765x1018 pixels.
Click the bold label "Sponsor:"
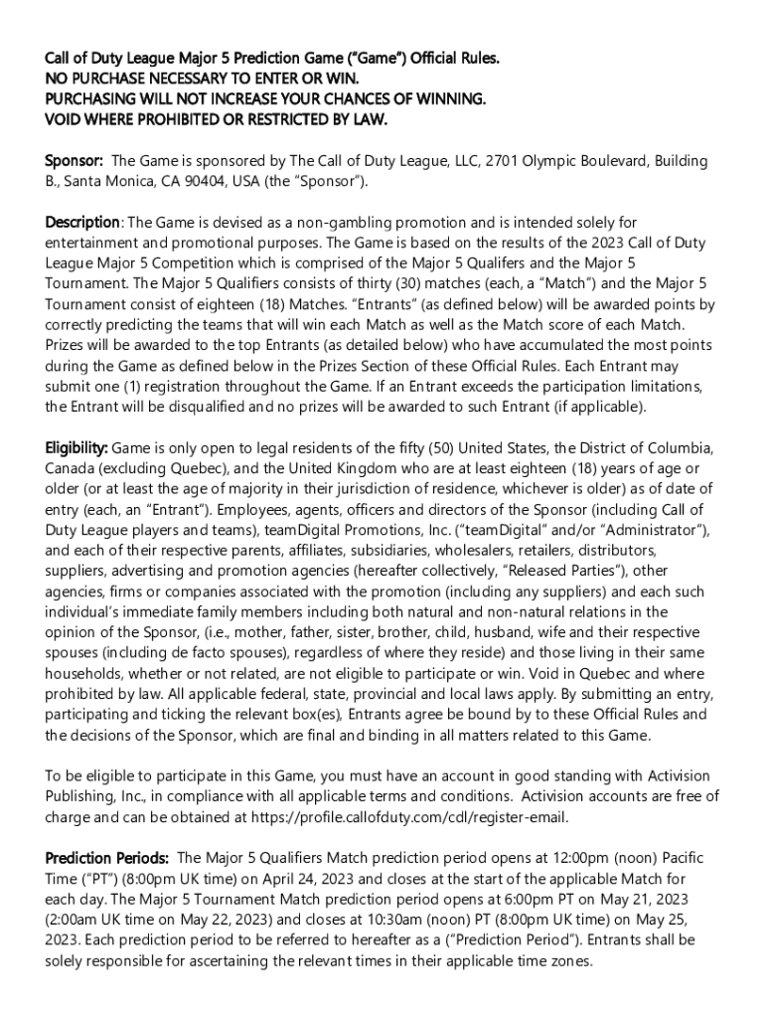(75, 161)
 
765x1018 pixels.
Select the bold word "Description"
(82, 222)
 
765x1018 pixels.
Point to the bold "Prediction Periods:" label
(107, 858)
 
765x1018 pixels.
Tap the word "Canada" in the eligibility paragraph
(70, 468)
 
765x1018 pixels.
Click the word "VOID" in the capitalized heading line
(69, 119)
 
